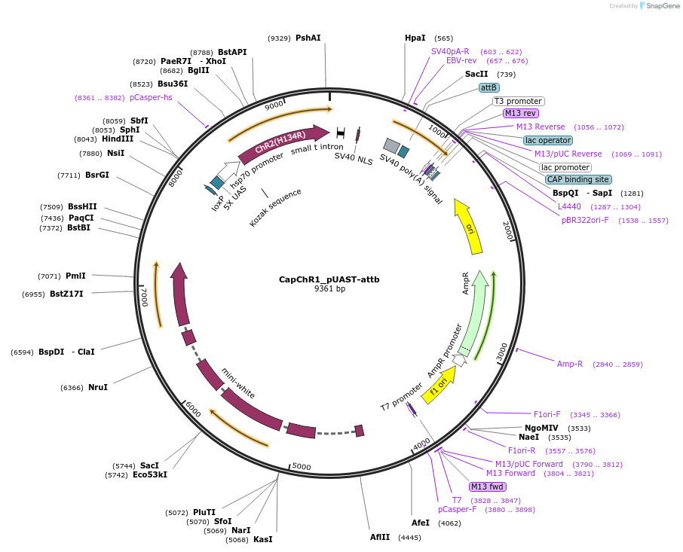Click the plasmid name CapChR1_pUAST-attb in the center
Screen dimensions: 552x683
[329, 279]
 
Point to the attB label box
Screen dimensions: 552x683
[489, 87]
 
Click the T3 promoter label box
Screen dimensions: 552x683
[518, 101]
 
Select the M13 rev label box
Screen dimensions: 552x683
[521, 113]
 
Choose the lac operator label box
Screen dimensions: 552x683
[547, 140]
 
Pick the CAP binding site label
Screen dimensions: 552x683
[578, 179]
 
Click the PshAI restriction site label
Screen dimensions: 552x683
[308, 38]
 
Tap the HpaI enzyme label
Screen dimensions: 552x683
[415, 38]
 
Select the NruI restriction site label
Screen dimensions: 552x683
[98, 387]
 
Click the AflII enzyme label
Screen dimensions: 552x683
[380, 537]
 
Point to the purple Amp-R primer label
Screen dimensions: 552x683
[570, 364]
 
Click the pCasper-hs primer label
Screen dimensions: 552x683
[151, 97]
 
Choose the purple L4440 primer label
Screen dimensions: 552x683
[569, 206]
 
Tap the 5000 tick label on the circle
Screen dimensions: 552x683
[301, 467]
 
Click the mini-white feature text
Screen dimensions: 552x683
[238, 383]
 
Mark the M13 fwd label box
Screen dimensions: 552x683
[487, 486]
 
